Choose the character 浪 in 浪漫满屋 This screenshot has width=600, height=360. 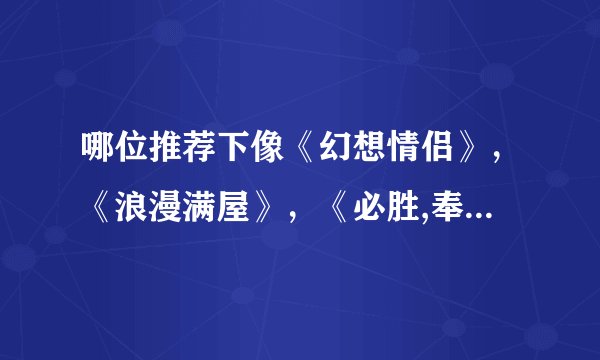coord(132,204)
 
